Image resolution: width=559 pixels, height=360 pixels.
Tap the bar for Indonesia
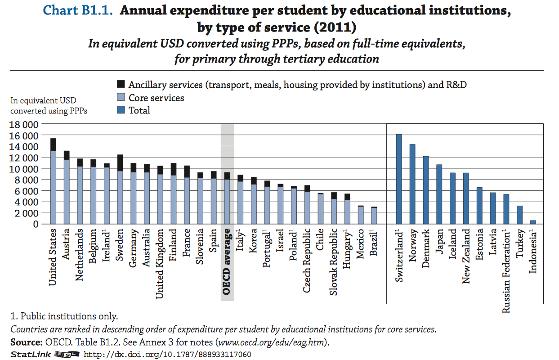pyautogui.click(x=533, y=222)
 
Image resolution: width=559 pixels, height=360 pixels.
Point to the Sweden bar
pyautogui.click(x=120, y=189)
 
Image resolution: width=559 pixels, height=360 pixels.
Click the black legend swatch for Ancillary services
pyautogui.click(x=121, y=84)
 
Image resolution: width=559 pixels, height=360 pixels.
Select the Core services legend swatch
pyautogui.click(x=121, y=97)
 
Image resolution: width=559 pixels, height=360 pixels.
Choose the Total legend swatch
pyautogui.click(x=121, y=110)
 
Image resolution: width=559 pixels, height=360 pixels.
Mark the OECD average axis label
pyautogui.click(x=227, y=262)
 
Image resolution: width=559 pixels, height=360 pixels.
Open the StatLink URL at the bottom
pyautogui.click(x=167, y=355)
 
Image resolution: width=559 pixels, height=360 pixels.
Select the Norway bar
pyautogui.click(x=412, y=184)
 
